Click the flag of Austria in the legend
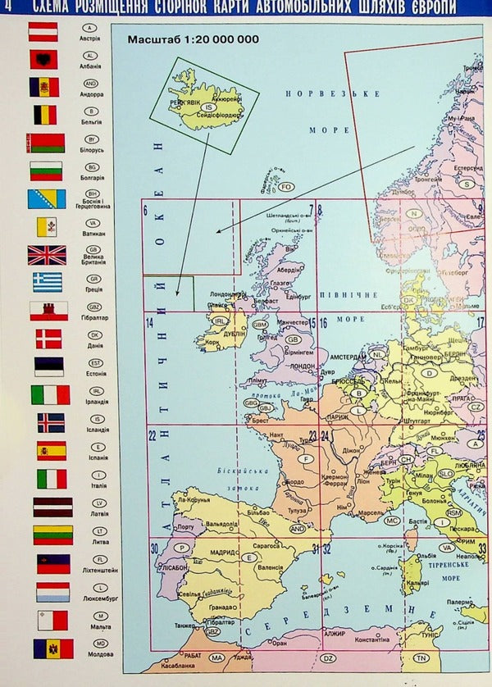pos(43,31)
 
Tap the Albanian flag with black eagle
pos(43,59)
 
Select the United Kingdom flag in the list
pos(47,255)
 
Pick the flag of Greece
pos(47,282)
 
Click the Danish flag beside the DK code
pos(48,339)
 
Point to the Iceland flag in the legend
pos(50,422)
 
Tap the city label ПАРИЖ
pos(336,416)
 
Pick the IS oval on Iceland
pos(209,107)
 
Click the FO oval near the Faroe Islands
pos(286,187)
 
